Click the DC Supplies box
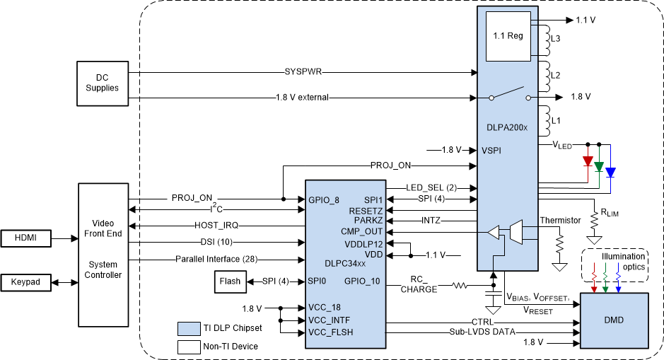(x=103, y=83)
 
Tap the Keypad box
(x=28, y=282)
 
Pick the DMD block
(x=614, y=320)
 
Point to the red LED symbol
(x=587, y=161)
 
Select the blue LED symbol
(x=611, y=172)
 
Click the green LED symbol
(x=599, y=167)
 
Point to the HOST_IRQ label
(x=216, y=225)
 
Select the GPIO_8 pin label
(x=325, y=200)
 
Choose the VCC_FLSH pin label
(x=331, y=332)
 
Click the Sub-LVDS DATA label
(x=482, y=331)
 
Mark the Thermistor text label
(x=561, y=220)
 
